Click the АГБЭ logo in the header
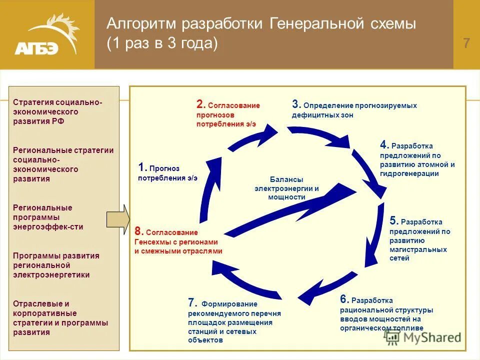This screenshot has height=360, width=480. click(x=47, y=35)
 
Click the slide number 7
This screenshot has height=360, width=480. click(x=466, y=43)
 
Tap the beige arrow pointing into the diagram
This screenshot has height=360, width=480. click(x=118, y=219)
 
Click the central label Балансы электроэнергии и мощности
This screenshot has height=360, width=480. click(x=287, y=188)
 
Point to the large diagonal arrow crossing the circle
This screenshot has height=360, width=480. click(x=290, y=210)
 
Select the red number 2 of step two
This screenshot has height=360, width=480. click(x=200, y=104)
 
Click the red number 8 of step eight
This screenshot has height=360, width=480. click(x=138, y=231)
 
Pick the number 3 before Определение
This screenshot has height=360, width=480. click(x=295, y=104)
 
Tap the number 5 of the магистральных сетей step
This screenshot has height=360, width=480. click(x=393, y=221)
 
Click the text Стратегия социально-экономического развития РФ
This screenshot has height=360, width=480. click(x=58, y=111)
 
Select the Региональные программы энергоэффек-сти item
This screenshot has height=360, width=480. click(x=48, y=217)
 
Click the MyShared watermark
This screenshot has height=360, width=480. click(x=422, y=337)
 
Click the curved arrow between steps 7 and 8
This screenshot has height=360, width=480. click(x=245, y=282)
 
